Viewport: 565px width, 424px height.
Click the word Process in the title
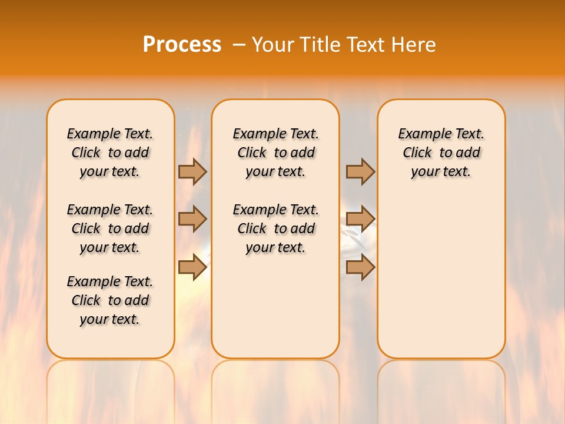click(x=182, y=45)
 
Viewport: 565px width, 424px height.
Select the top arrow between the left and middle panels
click(x=192, y=171)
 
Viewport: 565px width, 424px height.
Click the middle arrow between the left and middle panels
click(x=192, y=219)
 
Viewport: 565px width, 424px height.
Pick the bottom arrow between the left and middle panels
click(x=192, y=267)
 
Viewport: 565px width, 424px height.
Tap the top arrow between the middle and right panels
click(x=360, y=171)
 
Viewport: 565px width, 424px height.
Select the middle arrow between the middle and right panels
click(x=360, y=219)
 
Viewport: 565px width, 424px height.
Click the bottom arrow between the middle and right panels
click(x=360, y=267)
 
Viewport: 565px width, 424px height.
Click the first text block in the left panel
click(x=110, y=153)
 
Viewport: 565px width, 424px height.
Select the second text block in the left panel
click(x=110, y=228)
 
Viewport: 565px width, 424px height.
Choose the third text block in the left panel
click(x=110, y=300)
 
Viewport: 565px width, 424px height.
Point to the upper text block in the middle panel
click(x=275, y=153)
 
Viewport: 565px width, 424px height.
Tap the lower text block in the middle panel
click(x=275, y=228)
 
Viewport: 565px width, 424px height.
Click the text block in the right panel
click(x=441, y=153)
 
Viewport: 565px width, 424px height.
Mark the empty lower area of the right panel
click(x=441, y=277)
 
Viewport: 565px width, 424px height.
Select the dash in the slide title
click(x=239, y=45)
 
